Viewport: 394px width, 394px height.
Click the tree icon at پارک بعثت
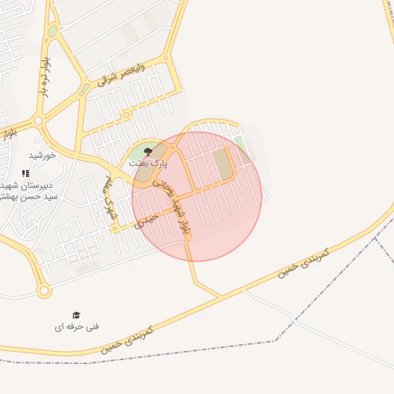click(x=148, y=152)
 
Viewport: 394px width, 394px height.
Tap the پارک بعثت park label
click(x=147, y=164)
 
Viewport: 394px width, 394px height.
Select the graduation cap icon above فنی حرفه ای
click(x=76, y=315)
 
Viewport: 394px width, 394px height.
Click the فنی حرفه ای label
click(x=77, y=327)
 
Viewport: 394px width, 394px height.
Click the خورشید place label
click(x=42, y=155)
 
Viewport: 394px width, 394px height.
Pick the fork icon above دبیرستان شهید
click(x=25, y=173)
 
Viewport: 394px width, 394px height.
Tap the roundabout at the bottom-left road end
click(x=43, y=292)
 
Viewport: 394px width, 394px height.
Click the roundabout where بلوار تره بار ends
click(x=38, y=121)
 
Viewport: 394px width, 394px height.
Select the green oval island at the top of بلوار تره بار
click(x=52, y=32)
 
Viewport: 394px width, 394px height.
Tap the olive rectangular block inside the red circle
click(x=222, y=164)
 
